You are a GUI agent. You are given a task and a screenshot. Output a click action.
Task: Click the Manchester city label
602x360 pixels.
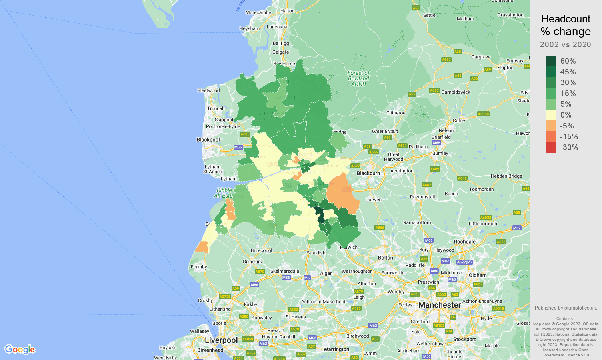[x=440, y=305]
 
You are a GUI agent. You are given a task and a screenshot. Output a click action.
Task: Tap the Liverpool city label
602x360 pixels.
[x=221, y=340]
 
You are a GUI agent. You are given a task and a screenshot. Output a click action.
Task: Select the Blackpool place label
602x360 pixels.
[x=208, y=140]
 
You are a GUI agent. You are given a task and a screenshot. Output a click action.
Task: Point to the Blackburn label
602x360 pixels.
[x=368, y=173]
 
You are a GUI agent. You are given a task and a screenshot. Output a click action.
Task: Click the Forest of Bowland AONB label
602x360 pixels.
[x=358, y=78]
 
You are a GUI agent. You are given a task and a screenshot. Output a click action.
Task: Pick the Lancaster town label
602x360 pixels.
[x=277, y=27]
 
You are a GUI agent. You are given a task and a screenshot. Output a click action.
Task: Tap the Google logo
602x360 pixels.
[x=20, y=349]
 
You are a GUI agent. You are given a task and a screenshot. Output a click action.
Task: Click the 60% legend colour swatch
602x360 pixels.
[x=551, y=61]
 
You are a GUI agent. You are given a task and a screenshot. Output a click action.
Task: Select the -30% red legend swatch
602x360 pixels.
[x=551, y=147]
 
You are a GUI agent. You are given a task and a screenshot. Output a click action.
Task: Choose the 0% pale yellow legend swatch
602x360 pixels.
[x=551, y=115]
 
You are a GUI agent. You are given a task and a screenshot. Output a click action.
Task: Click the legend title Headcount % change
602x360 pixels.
[x=566, y=25]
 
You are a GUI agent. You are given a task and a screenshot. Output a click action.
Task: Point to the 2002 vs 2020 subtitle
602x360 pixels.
[x=565, y=44]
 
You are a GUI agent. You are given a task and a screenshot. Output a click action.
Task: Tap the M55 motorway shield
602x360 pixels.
[x=238, y=147]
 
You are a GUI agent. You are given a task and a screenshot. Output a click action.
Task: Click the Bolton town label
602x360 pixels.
[x=386, y=258]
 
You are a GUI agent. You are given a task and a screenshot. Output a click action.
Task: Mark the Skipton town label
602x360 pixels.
[x=506, y=68]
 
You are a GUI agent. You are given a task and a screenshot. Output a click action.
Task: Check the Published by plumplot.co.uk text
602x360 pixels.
[x=566, y=308]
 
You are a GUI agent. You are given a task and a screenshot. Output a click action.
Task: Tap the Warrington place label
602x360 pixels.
[x=336, y=349]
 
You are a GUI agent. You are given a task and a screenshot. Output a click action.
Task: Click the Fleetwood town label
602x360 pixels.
[x=208, y=90]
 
